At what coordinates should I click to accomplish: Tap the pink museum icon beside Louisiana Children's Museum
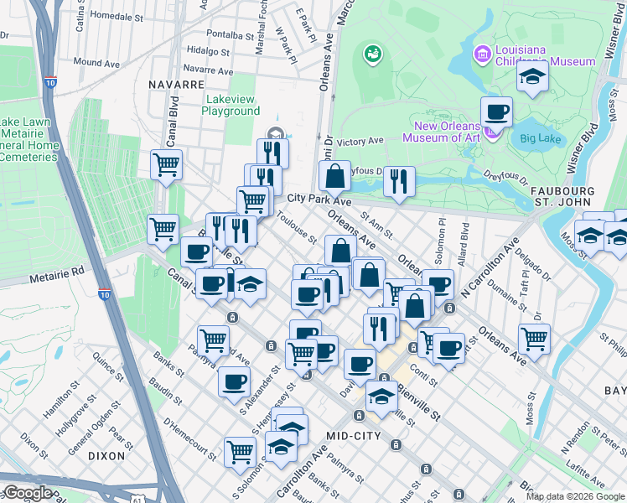[x=481, y=55]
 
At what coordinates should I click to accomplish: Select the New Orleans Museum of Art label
[x=442, y=132]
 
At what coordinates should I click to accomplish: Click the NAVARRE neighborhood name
[x=177, y=85]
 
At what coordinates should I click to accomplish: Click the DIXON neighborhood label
[x=106, y=456]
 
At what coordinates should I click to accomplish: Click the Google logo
[x=27, y=493]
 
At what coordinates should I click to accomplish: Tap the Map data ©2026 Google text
[x=575, y=496]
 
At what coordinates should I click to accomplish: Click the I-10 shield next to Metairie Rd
[x=104, y=294]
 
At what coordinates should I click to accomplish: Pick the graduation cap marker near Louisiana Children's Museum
[x=532, y=77]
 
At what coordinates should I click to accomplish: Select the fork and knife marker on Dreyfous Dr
[x=399, y=180]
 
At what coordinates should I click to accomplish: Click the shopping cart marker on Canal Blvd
[x=166, y=163]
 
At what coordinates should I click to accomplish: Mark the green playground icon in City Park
[x=371, y=55]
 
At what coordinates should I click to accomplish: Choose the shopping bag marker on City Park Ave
[x=334, y=177]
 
